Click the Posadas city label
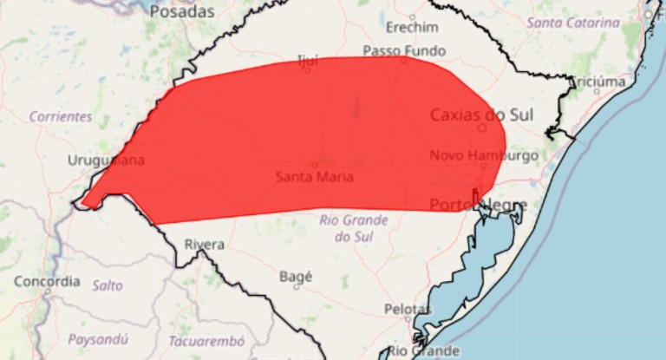click(180, 12)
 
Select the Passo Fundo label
click(404, 50)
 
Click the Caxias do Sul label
click(482, 115)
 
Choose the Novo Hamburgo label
click(484, 155)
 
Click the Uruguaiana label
click(106, 160)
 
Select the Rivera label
click(204, 245)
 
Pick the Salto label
click(108, 285)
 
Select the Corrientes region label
click(60, 115)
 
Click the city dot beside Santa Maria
click(314, 165)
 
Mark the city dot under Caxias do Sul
click(482, 128)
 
